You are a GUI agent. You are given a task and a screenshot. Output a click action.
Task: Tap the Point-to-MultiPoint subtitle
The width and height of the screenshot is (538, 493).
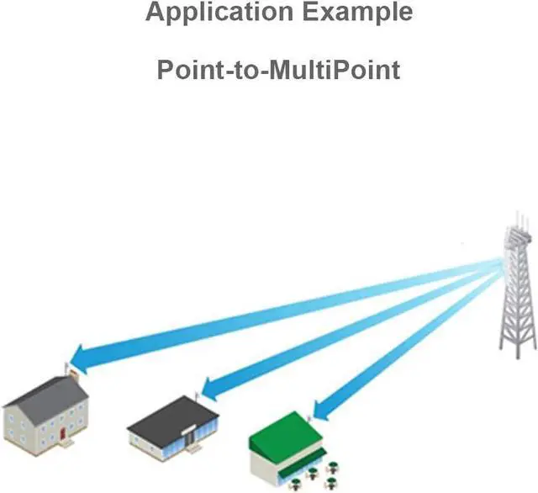[x=278, y=69]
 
